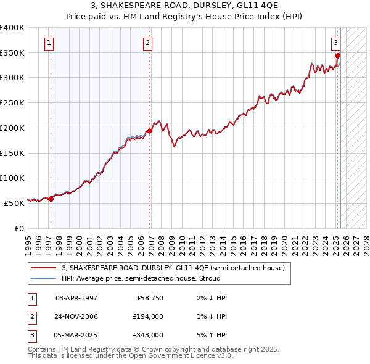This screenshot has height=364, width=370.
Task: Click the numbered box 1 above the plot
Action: tap(49, 43)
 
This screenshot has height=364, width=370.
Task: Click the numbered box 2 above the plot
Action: tap(148, 43)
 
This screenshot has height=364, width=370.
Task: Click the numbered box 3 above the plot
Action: tap(335, 43)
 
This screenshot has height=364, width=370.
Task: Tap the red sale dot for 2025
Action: tap(338, 56)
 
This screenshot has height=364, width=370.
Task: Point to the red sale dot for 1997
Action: tap(51, 198)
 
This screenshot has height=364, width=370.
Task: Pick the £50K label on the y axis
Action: tap(14, 202)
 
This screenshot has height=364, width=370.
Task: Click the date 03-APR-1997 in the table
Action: tap(76, 298)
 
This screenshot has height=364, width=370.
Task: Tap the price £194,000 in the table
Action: tap(148, 316)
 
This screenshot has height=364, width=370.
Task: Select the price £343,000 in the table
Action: tap(148, 335)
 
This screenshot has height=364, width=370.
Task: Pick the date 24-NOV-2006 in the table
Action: tap(76, 316)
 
